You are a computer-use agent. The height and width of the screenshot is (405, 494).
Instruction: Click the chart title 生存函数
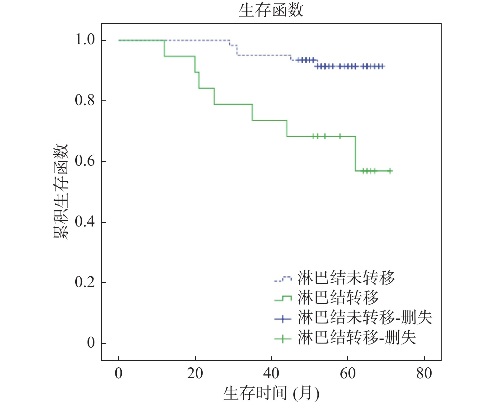(271, 10)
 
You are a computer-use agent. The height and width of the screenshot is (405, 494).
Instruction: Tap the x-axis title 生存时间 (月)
(271, 393)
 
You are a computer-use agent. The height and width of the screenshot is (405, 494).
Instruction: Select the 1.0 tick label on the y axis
(85, 40)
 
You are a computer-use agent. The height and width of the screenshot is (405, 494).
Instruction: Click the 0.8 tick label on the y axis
(85, 101)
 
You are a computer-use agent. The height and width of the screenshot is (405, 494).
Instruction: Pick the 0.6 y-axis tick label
(85, 161)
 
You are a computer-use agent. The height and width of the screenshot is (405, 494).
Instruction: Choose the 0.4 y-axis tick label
(85, 222)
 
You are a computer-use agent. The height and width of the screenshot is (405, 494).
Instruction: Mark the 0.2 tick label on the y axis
(85, 282)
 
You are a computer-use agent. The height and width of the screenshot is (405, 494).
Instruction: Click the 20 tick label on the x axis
(195, 374)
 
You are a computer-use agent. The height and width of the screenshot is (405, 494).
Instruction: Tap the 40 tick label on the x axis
(271, 374)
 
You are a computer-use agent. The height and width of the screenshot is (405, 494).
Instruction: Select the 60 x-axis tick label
(348, 374)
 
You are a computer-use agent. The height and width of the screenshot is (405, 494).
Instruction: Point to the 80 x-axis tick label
(424, 374)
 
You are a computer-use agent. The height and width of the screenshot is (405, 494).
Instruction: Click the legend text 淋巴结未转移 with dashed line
(346, 278)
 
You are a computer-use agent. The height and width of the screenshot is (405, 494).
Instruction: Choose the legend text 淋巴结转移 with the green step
(338, 297)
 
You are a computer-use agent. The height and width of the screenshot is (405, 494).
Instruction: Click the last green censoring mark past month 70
(390, 171)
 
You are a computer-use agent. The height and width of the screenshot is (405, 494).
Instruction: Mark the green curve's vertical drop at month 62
(356, 154)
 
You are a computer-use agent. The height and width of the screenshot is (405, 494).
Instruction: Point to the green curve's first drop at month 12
(164, 48)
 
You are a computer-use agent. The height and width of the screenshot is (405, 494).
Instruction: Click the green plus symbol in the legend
(283, 339)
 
